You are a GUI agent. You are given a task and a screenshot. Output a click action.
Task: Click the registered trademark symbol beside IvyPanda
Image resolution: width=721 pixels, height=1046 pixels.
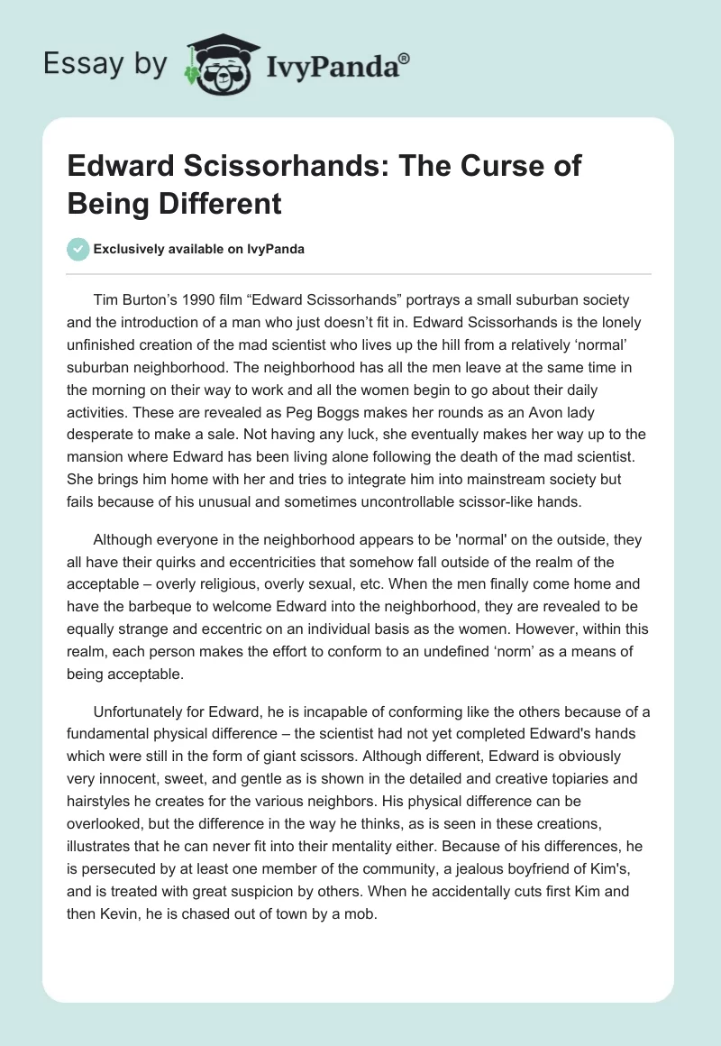(405, 59)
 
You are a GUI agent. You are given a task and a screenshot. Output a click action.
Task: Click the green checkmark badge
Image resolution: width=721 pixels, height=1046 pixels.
(78, 249)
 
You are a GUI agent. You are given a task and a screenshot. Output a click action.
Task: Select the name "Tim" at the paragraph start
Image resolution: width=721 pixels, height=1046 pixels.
(106, 299)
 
